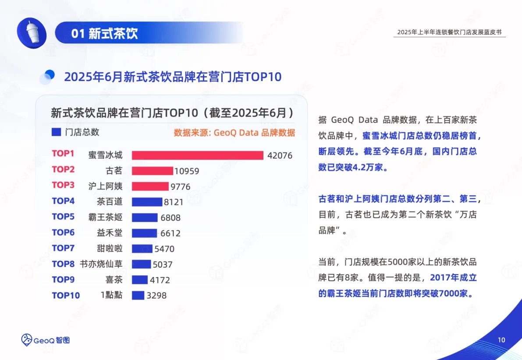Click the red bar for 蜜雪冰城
[x=197, y=155]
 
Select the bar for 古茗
[x=152, y=171]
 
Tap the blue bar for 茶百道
[x=147, y=202]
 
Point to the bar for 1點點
[x=138, y=296]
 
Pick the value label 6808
[x=170, y=218]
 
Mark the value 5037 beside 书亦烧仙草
[x=163, y=265]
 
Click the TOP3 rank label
[x=63, y=185]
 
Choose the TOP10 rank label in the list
[x=66, y=296]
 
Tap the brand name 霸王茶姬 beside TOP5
[x=106, y=217]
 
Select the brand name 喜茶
[x=114, y=280]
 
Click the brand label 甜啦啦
[x=110, y=248]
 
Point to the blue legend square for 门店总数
[x=56, y=132]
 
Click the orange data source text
[x=234, y=133]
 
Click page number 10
[x=502, y=340]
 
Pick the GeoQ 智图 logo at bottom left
[x=46, y=339]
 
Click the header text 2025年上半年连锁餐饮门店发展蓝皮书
[x=449, y=32]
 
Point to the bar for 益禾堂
[x=144, y=233]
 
